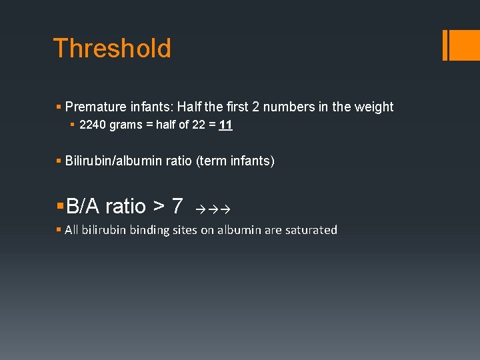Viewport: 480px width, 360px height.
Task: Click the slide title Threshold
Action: click(x=112, y=48)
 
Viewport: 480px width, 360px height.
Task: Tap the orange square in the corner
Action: click(x=465, y=45)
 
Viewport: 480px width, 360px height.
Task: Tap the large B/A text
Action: click(x=83, y=206)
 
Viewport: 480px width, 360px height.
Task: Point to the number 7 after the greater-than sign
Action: click(x=177, y=206)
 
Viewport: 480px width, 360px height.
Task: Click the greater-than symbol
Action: click(x=159, y=207)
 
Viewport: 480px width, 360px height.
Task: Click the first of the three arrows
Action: click(x=201, y=209)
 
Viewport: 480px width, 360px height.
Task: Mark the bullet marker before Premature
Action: click(x=59, y=107)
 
